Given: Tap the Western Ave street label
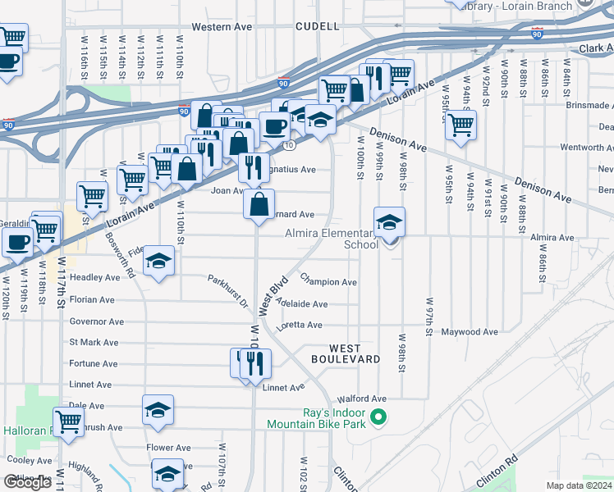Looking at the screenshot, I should click(x=222, y=26).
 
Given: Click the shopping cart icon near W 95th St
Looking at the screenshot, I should click(x=460, y=125).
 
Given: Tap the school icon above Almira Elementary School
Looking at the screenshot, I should click(x=389, y=221).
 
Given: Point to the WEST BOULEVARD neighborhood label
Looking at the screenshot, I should click(x=345, y=353).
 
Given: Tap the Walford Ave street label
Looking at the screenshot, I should click(x=379, y=399).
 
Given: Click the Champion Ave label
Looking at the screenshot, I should click(x=328, y=282).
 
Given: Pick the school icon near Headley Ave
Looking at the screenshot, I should click(x=159, y=262).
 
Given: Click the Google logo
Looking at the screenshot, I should click(x=27, y=482).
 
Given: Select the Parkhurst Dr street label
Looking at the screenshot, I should click(x=227, y=291).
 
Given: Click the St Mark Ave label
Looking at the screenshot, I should click(x=94, y=343).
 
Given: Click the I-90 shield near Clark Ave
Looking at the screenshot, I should click(x=537, y=34).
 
